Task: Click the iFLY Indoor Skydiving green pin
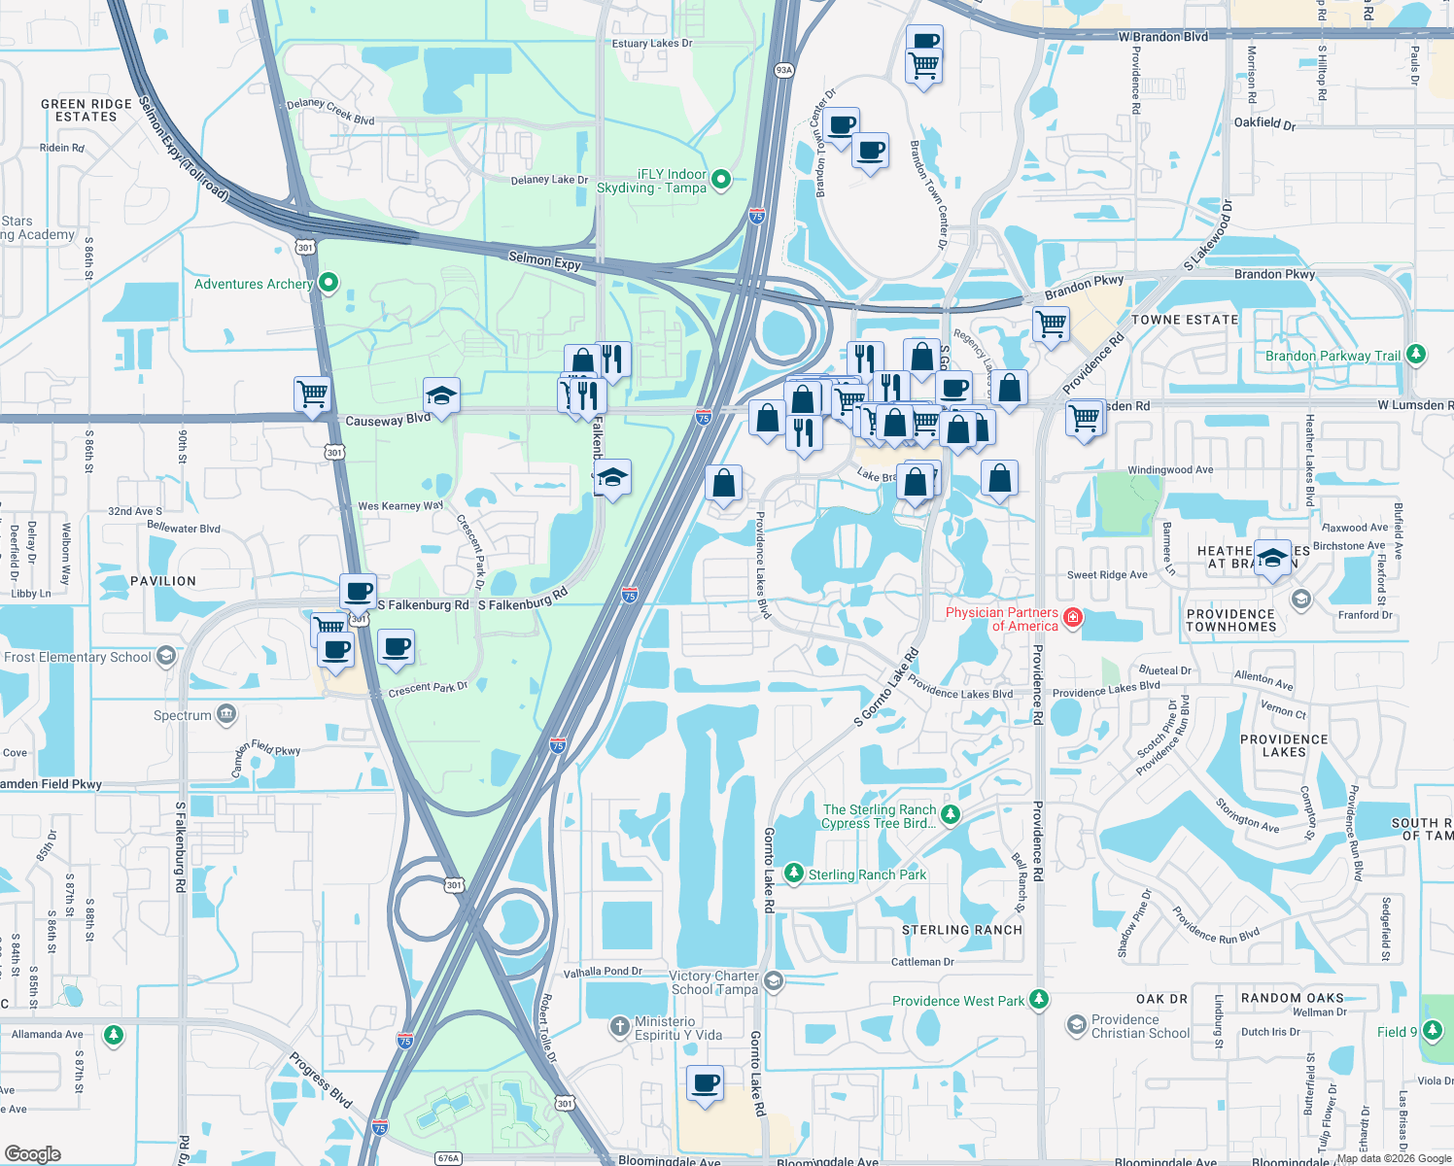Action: tap(721, 179)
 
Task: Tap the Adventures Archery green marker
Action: tap(329, 283)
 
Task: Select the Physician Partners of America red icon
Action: tap(1073, 618)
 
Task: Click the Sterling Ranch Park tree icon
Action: tap(794, 874)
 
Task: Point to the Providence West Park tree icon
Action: tap(1039, 1000)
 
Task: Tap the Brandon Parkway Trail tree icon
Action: tap(1416, 355)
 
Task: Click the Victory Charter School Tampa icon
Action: tap(774, 980)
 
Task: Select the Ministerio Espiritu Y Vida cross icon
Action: tap(620, 1026)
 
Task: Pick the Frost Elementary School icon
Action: tap(166, 656)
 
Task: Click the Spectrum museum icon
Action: tap(226, 715)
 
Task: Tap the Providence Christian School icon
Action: tap(1076, 1025)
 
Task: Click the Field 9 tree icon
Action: tap(1432, 1030)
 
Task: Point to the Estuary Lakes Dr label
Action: tap(652, 44)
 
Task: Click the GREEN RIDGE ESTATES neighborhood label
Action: tap(86, 111)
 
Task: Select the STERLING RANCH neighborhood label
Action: tap(962, 930)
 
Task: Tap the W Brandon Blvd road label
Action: tap(1162, 37)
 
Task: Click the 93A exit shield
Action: tap(784, 70)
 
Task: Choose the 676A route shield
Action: tap(448, 1157)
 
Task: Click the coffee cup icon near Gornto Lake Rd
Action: tap(706, 1081)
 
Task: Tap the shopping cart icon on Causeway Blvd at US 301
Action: tap(312, 394)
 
